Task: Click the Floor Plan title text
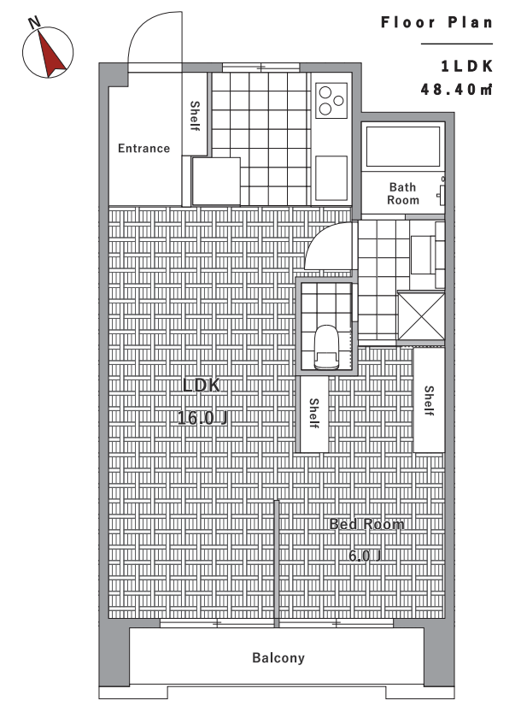pyautogui.click(x=436, y=22)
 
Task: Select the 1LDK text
pyautogui.click(x=467, y=67)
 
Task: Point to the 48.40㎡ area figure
pyautogui.click(x=456, y=89)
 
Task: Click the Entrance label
pyautogui.click(x=143, y=149)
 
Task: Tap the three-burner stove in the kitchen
pyautogui.click(x=331, y=100)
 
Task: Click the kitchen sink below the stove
pyautogui.click(x=331, y=178)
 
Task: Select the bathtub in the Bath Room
pyautogui.click(x=403, y=146)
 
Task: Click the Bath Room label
pyautogui.click(x=403, y=194)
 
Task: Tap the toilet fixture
pyautogui.click(x=326, y=347)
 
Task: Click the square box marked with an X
pyautogui.click(x=421, y=317)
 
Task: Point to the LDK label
pyautogui.click(x=202, y=385)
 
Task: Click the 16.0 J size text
pyautogui.click(x=202, y=418)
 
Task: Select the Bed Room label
pyautogui.click(x=367, y=524)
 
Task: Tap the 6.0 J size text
pyautogui.click(x=365, y=556)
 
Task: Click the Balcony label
pyautogui.click(x=278, y=658)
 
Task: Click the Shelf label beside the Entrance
pyautogui.click(x=195, y=116)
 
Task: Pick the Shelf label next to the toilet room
pyautogui.click(x=313, y=414)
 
